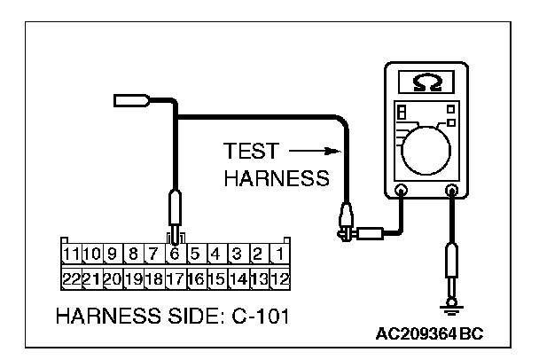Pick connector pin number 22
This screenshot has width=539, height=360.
[70, 278]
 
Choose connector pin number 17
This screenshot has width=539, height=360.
[175, 278]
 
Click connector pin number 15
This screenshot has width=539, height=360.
[215, 278]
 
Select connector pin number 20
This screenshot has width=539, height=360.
[112, 278]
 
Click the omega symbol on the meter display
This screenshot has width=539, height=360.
[426, 82]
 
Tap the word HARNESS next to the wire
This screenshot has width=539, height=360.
[277, 177]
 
